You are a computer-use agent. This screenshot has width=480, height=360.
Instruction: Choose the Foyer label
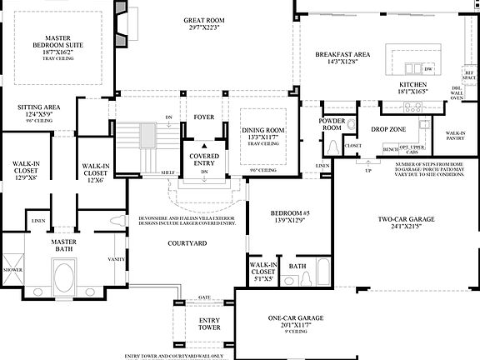(x=204, y=117)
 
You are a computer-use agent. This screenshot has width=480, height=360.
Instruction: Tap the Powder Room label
(x=332, y=123)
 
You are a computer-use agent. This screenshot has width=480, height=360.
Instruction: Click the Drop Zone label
(x=388, y=129)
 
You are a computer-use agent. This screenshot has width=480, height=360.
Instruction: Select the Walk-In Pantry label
(x=455, y=137)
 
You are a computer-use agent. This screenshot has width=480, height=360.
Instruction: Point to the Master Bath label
(x=63, y=245)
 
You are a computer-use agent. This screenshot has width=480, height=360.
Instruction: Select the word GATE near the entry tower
(x=204, y=297)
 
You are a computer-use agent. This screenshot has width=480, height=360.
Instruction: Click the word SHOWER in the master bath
(x=12, y=269)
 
